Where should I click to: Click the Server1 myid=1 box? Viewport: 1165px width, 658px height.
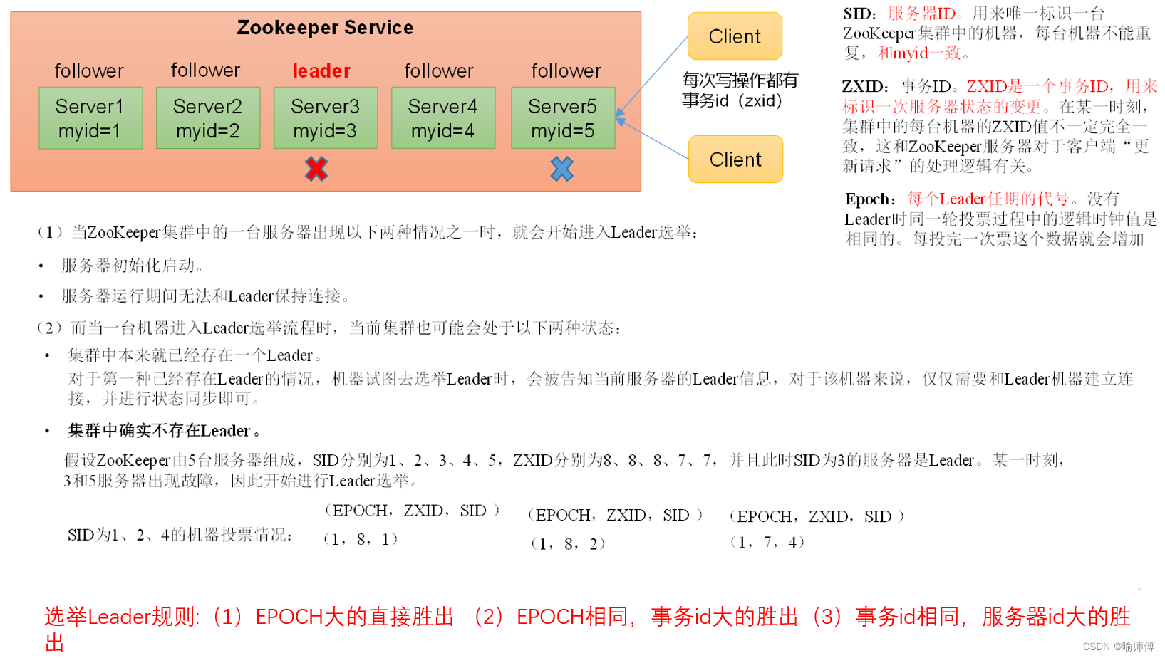coord(90,118)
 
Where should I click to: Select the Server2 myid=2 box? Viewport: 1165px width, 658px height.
coord(208,118)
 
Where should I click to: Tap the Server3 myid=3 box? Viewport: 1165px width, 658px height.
coord(326,118)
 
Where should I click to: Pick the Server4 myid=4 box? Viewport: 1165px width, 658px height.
coord(442,118)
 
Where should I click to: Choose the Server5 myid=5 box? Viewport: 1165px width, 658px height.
coord(562,118)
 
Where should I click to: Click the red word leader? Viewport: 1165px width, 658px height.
coord(321,71)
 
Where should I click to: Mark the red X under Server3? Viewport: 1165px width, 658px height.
coord(316,169)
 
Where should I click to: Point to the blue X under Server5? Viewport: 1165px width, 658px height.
coord(561,169)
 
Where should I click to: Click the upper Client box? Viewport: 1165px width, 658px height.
coord(735,36)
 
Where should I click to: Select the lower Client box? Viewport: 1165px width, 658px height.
coord(735,160)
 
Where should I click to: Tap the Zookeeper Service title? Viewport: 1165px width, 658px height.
coord(325,28)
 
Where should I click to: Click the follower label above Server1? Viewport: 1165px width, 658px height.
coord(89,71)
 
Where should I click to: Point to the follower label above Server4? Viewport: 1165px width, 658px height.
coord(439,71)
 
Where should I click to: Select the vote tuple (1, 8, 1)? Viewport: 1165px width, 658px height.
coord(361,539)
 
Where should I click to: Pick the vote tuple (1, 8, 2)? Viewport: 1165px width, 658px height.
coord(568,544)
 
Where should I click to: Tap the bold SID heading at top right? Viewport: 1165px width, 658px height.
coord(859,14)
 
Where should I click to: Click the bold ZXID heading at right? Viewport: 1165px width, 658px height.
coord(865,87)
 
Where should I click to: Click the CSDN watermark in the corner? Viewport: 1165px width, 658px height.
coord(1117,647)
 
